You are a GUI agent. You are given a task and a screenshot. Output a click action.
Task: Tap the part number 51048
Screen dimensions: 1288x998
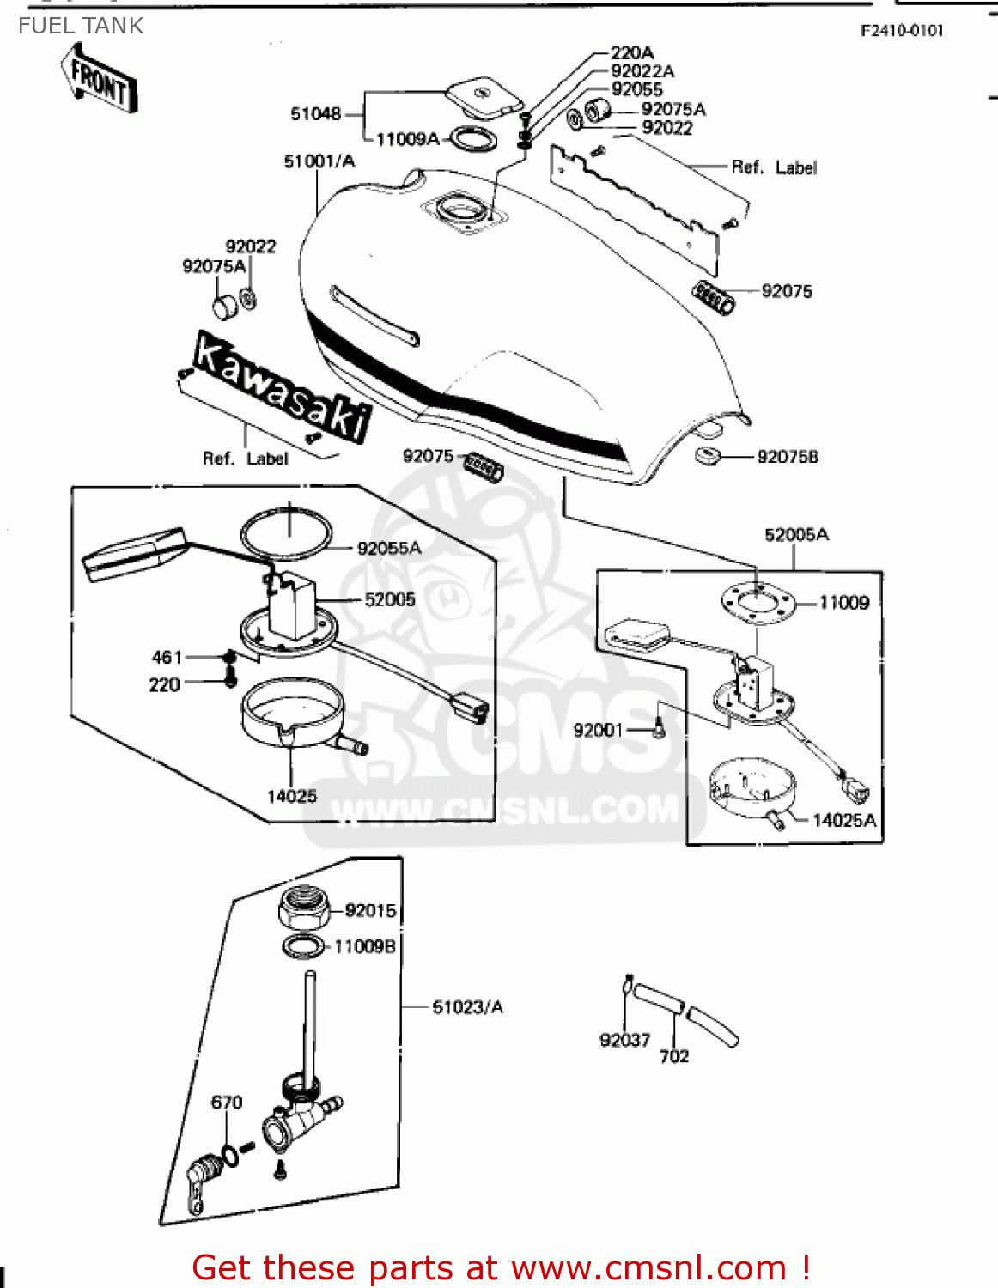(x=315, y=114)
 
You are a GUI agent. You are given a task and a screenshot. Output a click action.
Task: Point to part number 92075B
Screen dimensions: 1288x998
(x=787, y=457)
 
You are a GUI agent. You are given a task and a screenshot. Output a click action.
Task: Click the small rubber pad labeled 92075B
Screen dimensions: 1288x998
(x=707, y=455)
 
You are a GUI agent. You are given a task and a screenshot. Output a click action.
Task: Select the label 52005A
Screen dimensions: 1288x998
(x=796, y=535)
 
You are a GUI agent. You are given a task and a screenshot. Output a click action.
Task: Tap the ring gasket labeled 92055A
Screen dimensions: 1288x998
(x=286, y=532)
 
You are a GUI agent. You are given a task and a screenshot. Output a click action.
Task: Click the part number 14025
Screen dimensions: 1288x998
(x=292, y=796)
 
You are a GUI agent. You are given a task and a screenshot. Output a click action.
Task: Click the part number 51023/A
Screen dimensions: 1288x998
(x=467, y=1006)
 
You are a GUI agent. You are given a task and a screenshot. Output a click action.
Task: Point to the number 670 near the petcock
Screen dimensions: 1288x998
(x=227, y=1102)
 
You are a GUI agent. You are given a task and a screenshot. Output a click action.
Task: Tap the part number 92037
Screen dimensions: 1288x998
(x=624, y=1040)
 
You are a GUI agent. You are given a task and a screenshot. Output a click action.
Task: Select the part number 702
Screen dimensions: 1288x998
(x=674, y=1056)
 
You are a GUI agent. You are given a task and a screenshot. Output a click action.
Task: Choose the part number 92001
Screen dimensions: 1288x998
(x=598, y=730)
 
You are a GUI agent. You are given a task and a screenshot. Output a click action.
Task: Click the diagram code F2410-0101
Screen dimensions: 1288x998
(x=902, y=31)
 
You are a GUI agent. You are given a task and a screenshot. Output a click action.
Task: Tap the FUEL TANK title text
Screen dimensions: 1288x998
(x=81, y=26)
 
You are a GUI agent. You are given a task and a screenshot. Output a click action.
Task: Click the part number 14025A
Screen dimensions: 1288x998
(x=844, y=820)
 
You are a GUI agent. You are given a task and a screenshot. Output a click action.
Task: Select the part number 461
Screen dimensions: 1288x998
(x=167, y=657)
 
